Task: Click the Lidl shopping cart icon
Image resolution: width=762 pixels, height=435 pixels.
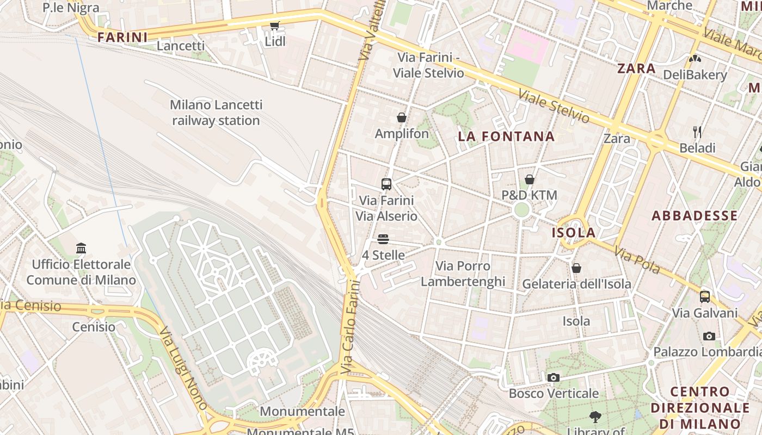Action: pyautogui.click(x=275, y=26)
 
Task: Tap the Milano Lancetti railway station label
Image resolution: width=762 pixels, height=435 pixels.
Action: pyautogui.click(x=216, y=113)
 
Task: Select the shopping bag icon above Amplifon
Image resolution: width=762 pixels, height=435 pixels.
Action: pyautogui.click(x=402, y=117)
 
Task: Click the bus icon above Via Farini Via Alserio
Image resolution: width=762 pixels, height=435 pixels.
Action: pyautogui.click(x=386, y=184)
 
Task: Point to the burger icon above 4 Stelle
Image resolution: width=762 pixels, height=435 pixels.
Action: pyautogui.click(x=383, y=239)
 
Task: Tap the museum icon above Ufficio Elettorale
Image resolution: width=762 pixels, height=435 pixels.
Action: pyautogui.click(x=81, y=248)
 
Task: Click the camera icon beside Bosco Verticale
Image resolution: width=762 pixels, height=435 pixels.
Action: pyautogui.click(x=554, y=377)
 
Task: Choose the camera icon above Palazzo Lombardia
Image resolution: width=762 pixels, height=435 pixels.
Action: pyautogui.click(x=709, y=336)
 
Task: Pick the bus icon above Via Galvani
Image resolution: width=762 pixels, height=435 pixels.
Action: pyautogui.click(x=705, y=297)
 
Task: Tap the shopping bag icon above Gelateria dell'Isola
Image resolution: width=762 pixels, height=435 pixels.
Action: pyautogui.click(x=576, y=268)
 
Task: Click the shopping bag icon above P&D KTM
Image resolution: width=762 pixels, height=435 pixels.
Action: pyautogui.click(x=530, y=179)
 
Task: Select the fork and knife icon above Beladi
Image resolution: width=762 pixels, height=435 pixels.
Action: pyautogui.click(x=697, y=132)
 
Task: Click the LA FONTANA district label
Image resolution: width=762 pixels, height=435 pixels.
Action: pyautogui.click(x=506, y=136)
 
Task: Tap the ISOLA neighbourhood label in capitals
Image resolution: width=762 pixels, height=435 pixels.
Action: pyautogui.click(x=574, y=233)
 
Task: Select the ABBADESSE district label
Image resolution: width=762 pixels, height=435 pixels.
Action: pyautogui.click(x=695, y=215)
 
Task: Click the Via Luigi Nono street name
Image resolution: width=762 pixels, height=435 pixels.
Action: pyautogui.click(x=182, y=367)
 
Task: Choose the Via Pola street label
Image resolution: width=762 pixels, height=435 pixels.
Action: pyautogui.click(x=637, y=260)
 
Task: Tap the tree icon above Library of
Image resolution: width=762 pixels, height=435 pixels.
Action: pyautogui.click(x=595, y=417)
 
